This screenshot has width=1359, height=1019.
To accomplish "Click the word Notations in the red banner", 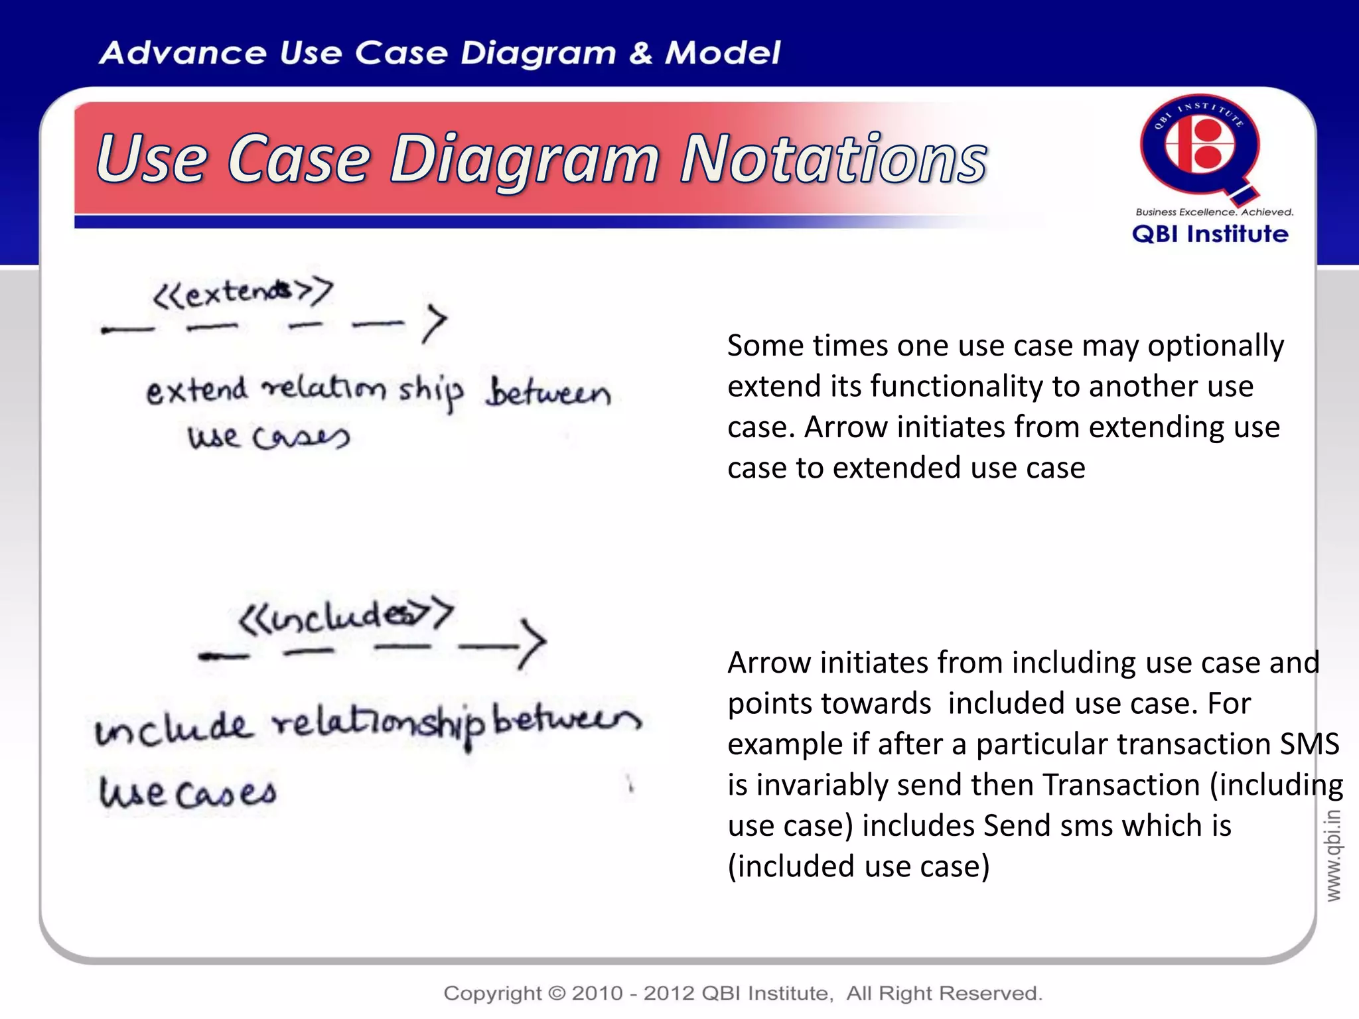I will (833, 159).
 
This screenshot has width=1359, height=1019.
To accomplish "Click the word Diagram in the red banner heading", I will (524, 161).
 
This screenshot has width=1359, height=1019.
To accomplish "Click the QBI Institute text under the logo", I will (1210, 234).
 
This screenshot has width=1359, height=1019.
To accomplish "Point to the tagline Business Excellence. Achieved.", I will (1214, 212).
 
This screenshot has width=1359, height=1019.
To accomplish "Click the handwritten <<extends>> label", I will (243, 293).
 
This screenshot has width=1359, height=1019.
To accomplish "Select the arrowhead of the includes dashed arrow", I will (533, 642).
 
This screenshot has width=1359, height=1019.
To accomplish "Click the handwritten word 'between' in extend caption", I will (548, 393).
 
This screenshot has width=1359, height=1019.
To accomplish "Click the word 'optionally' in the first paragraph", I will (1216, 346).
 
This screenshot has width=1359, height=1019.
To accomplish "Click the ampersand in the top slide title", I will (640, 53).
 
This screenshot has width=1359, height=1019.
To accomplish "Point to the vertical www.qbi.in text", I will (1333, 856).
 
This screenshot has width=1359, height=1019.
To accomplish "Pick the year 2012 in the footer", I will (670, 993).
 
